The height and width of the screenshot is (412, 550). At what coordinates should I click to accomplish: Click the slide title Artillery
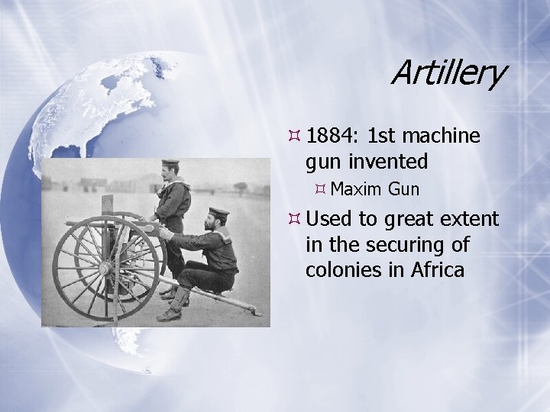(448, 73)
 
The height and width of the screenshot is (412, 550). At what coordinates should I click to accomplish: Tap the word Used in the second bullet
(329, 220)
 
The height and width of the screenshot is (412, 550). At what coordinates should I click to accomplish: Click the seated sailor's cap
(219, 211)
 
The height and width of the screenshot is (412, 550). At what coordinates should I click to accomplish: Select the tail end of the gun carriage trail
(256, 312)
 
